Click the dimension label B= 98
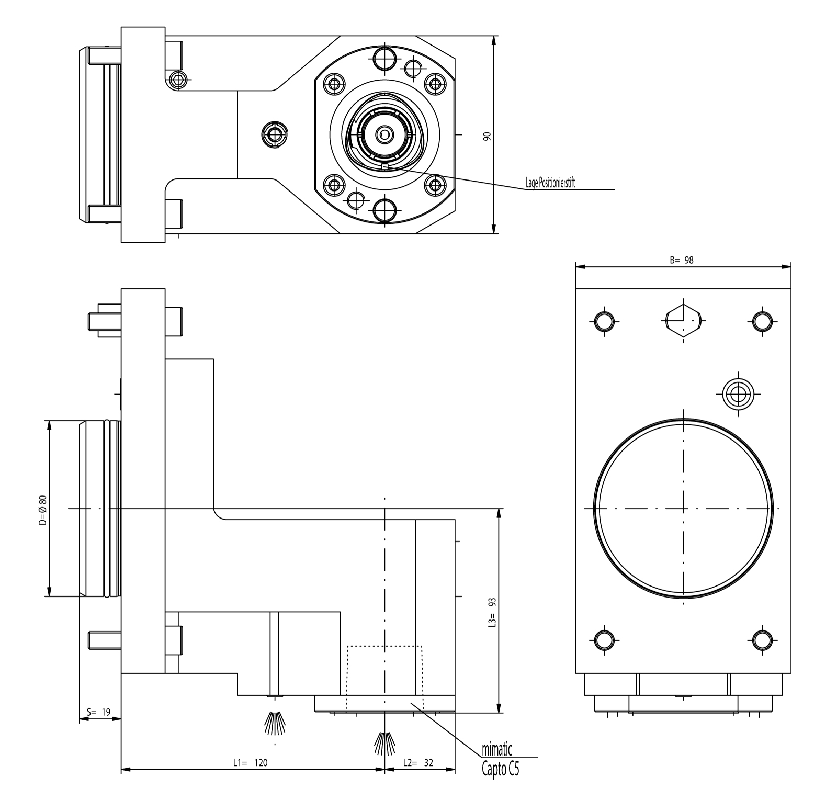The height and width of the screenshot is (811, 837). [x=682, y=260]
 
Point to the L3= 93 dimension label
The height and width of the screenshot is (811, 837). [x=492, y=612]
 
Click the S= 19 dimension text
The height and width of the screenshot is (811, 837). [x=99, y=712]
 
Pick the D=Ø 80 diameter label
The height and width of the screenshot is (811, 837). [x=42, y=510]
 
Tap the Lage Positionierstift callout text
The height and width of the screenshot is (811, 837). [x=550, y=184]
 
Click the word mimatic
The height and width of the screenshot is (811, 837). [x=496, y=750]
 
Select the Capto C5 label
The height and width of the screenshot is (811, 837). [x=501, y=769]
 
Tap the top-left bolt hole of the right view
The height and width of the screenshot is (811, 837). [x=604, y=321]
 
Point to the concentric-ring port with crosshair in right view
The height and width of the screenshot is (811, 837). [x=738, y=393]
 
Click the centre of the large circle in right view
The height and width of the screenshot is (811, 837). [x=684, y=508]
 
